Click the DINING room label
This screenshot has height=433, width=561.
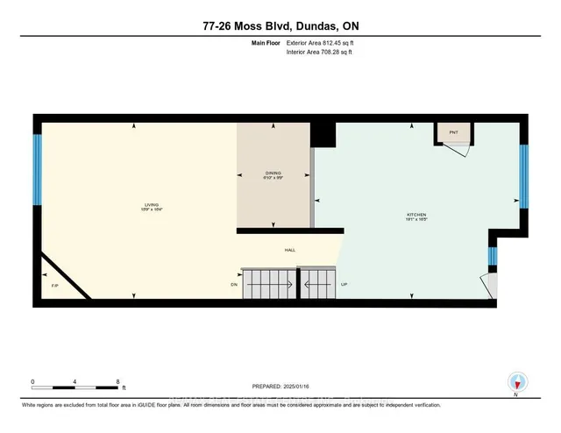tap(274, 175)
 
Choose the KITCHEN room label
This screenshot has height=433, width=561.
tap(415, 216)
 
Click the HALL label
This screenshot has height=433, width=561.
tap(289, 250)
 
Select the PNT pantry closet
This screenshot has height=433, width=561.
tap(454, 132)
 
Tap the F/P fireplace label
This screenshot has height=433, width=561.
tap(54, 286)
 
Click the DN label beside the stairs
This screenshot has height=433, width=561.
tap(234, 285)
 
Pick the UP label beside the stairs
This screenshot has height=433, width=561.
tap(344, 285)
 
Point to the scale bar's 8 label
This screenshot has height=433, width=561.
tap(117, 382)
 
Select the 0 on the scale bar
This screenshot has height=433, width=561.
tap(33, 382)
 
